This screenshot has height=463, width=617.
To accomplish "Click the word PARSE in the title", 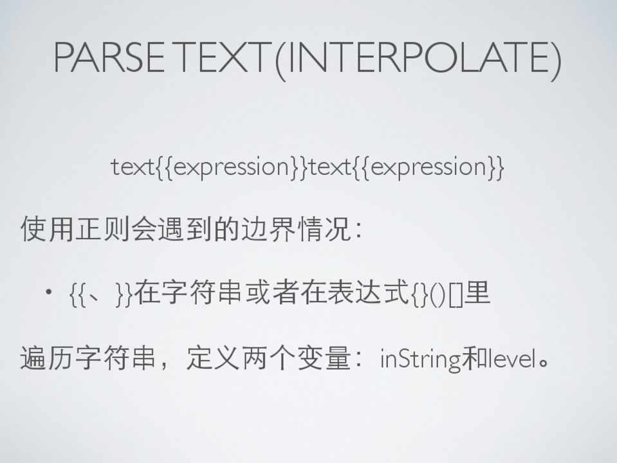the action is (x=109, y=57).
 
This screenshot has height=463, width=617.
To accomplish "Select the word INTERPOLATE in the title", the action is (x=419, y=57).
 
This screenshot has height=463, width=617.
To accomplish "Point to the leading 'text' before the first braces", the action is (x=133, y=167).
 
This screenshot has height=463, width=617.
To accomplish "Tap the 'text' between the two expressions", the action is (x=331, y=167).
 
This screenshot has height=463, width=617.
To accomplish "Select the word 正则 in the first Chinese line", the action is (x=103, y=229).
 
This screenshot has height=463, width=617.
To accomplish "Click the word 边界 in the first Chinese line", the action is (x=268, y=229).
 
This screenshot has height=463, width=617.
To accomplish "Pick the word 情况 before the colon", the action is (x=324, y=229).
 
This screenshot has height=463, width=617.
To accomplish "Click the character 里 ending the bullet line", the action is (x=477, y=293).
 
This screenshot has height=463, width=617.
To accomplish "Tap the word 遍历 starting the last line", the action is (x=48, y=358).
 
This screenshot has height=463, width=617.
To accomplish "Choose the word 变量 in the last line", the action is (x=324, y=358).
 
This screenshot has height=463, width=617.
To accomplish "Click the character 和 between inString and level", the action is (x=475, y=358).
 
